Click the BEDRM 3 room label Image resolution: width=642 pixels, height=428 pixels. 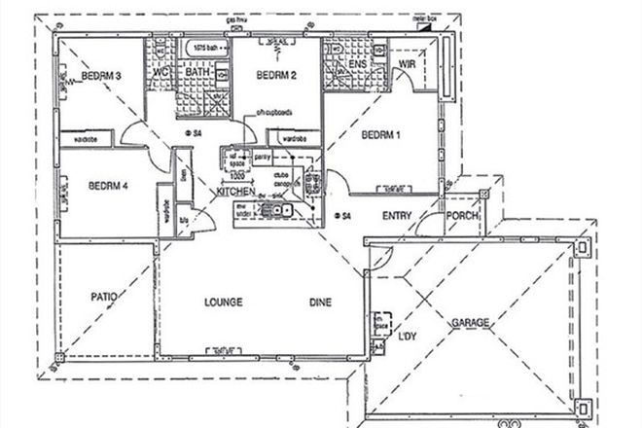coord(100,77)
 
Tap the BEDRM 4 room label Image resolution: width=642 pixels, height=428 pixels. coord(108,186)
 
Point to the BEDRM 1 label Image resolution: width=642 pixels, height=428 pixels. coord(380,135)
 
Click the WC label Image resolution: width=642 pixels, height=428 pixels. coord(162,72)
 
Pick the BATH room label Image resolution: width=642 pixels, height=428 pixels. coord(198,72)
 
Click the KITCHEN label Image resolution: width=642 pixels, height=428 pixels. coord(236,195)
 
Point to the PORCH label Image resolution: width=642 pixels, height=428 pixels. coord(461,217)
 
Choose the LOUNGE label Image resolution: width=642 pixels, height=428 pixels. coord(223,303)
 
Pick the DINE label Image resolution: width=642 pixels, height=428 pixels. coord(320,303)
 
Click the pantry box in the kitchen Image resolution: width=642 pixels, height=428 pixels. coord(261,156)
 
